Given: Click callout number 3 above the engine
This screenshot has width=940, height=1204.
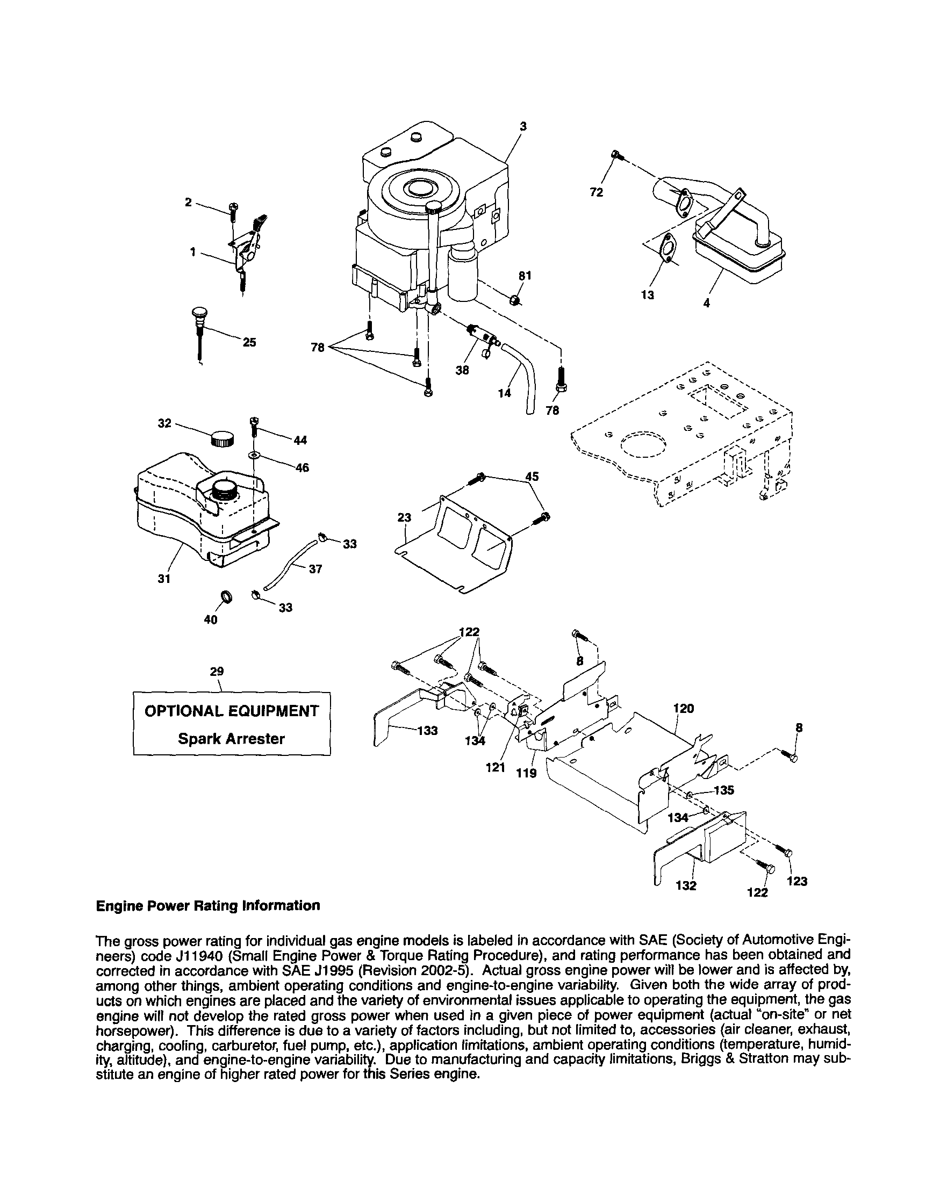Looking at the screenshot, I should [x=523, y=126].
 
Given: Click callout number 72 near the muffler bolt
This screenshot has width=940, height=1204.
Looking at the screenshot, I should [x=596, y=192].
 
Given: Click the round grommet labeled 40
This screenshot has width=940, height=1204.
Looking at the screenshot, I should [x=226, y=596].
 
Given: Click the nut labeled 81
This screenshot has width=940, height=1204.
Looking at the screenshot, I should [x=515, y=300].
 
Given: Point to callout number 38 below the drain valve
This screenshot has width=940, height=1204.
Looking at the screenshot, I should [x=462, y=371].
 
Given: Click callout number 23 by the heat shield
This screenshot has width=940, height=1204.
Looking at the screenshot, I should [x=404, y=518].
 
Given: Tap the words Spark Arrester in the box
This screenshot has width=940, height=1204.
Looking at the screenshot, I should [x=231, y=739].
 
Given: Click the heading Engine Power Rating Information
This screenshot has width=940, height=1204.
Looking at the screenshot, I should [x=208, y=906].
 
